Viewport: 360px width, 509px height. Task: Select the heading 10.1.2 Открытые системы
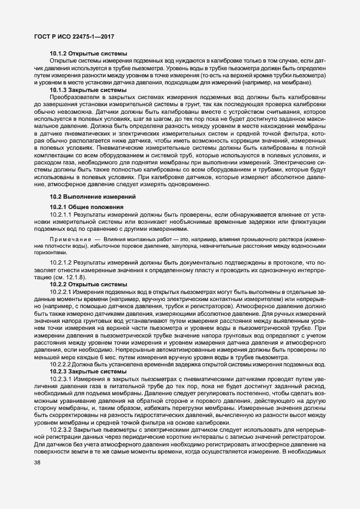coord(88,53)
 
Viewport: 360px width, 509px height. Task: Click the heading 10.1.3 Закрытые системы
coord(88,89)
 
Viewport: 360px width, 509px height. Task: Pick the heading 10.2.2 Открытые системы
coord(88,299)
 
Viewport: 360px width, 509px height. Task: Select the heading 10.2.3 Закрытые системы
coord(88,371)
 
